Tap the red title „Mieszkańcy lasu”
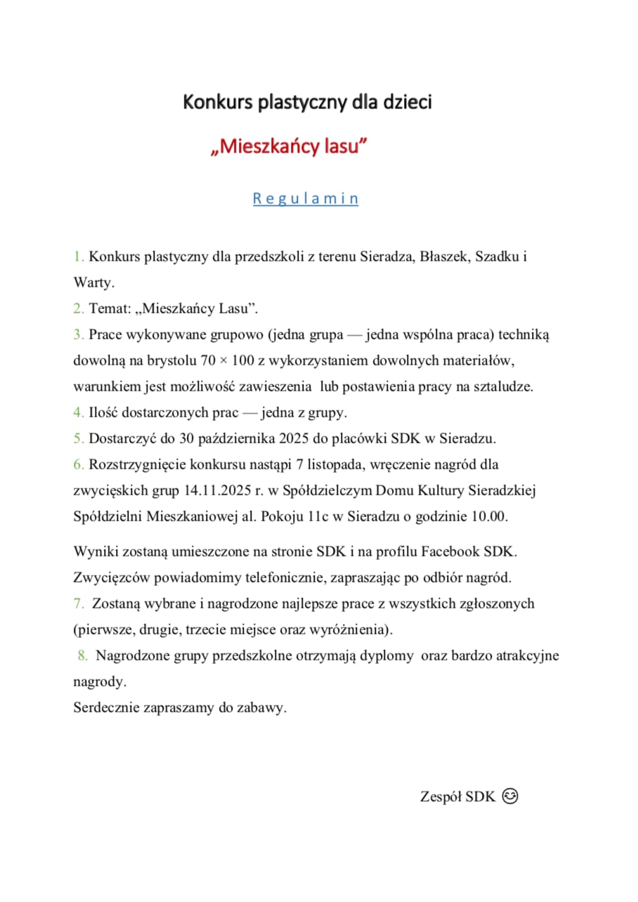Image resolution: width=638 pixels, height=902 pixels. [x=289, y=148]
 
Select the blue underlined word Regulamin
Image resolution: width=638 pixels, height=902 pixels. [x=306, y=199]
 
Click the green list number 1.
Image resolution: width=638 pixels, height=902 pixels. [x=78, y=257]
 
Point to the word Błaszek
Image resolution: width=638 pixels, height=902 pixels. [x=444, y=257]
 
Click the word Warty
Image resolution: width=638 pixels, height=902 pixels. [x=93, y=283]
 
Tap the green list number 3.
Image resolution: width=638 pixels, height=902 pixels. [x=78, y=335]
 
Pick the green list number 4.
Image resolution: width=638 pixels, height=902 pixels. [x=78, y=413]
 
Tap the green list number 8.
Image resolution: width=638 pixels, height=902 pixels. [x=83, y=656]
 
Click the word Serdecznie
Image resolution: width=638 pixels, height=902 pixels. [x=106, y=708]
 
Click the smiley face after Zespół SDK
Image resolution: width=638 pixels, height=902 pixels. [x=511, y=797]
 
